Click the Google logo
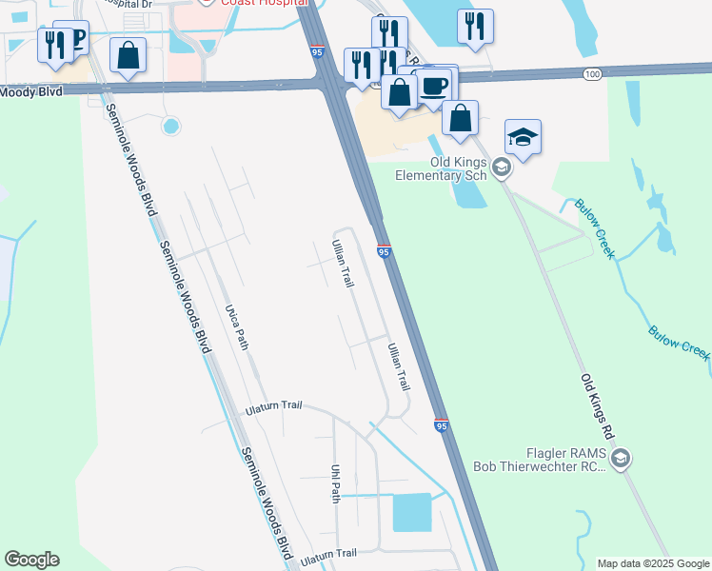coord(31,560)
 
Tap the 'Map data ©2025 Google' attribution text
coord(652,563)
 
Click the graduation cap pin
coord(523,138)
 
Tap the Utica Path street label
coord(237,327)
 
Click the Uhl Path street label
coord(336,483)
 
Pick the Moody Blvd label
coord(30,91)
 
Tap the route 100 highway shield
coord(592,73)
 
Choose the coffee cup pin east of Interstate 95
coord(435,86)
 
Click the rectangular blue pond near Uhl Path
coord(412,512)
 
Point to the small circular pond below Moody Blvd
coord(171,125)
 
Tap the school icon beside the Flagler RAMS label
coord(620,461)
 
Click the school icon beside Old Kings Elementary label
coord(502,168)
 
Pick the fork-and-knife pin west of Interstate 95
coord(54,44)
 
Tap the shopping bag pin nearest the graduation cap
coord(460,118)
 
